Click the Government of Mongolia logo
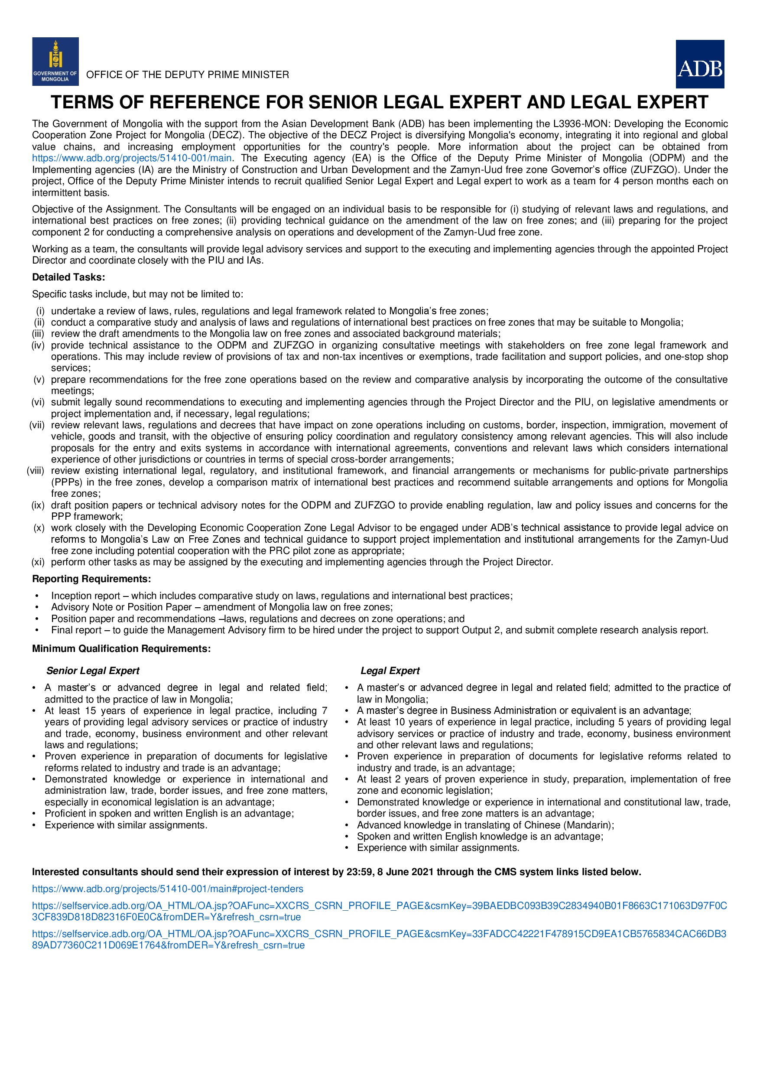click(55, 61)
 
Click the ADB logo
click(700, 64)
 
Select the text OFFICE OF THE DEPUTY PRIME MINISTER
click(188, 75)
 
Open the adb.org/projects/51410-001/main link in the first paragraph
click(131, 158)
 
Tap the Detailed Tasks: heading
click(68, 277)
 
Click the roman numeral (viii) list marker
click(36, 471)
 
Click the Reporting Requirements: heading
click(91, 579)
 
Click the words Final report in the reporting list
click(76, 630)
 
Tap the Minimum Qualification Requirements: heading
click(121, 649)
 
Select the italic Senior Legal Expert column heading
click(93, 671)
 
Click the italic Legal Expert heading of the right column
click(390, 671)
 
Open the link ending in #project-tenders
click(168, 889)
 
